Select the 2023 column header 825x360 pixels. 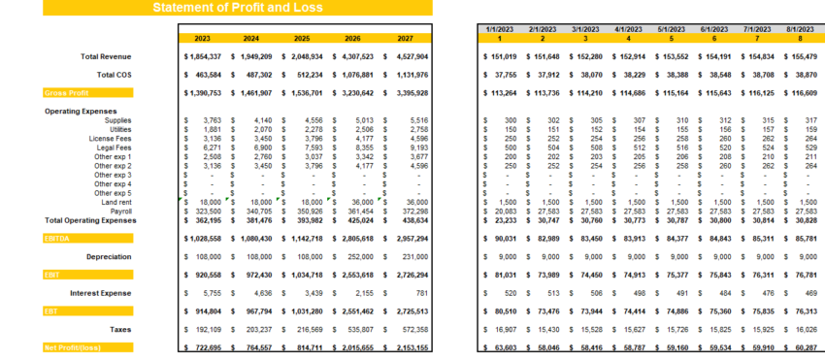coord(202,39)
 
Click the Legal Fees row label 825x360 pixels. coord(141,147)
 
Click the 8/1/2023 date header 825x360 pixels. coord(801,30)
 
